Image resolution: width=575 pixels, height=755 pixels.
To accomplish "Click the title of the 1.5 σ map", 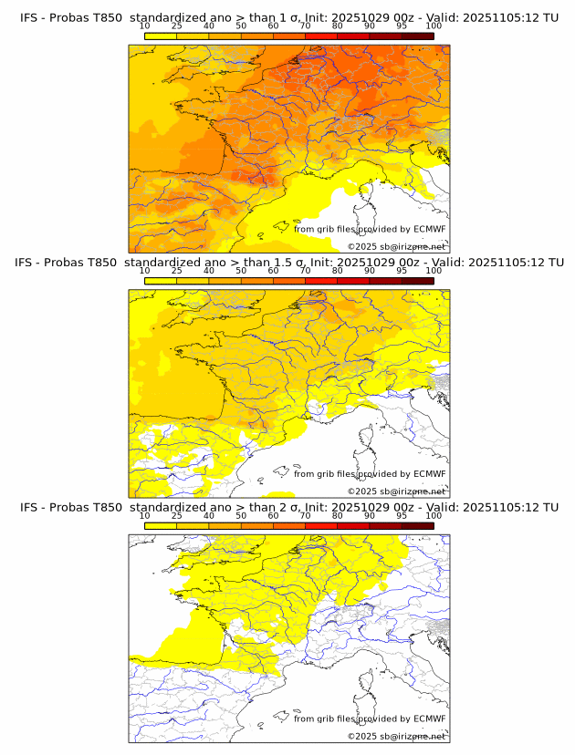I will point(287,263).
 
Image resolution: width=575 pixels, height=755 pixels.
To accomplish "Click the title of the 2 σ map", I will point(287,507).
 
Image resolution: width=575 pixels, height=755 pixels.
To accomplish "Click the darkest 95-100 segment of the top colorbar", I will point(417,36).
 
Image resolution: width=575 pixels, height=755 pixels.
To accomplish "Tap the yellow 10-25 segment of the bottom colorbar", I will point(161,525).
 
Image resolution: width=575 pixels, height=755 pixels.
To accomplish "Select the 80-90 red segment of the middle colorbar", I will point(353,281).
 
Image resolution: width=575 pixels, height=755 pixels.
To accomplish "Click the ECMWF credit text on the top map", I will point(370,229).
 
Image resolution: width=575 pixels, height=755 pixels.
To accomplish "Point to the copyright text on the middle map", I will point(396,491).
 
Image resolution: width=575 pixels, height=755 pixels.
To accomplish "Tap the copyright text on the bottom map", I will point(396,736).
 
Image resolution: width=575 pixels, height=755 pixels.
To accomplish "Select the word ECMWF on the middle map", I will point(429,474).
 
